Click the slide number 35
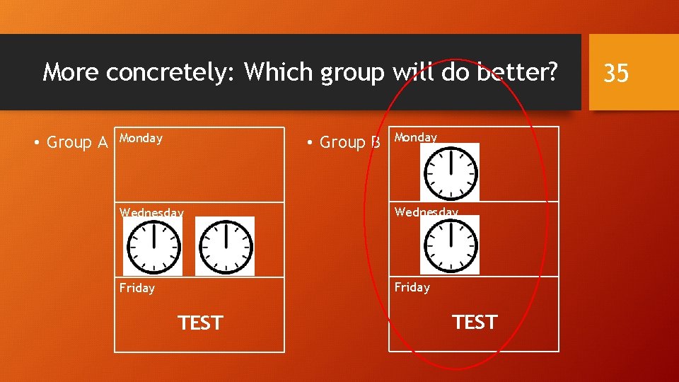(x=616, y=73)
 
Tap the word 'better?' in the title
(x=517, y=71)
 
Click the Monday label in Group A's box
(x=141, y=139)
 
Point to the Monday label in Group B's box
(x=416, y=137)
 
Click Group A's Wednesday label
(x=151, y=212)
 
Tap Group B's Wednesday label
(x=426, y=212)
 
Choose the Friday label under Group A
(x=137, y=288)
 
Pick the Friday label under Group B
(x=412, y=287)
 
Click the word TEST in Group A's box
(x=200, y=323)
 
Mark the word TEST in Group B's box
(x=475, y=323)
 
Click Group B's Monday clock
(x=450, y=172)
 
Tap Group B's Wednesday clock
(x=450, y=245)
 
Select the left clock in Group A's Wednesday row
(x=153, y=246)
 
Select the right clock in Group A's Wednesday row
(x=224, y=246)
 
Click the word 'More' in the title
(x=71, y=71)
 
